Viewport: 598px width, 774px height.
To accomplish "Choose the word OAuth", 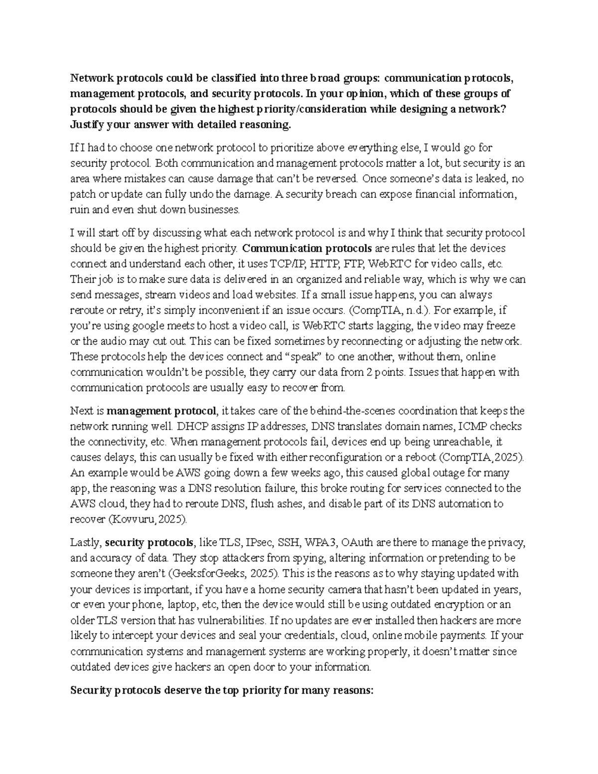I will [x=358, y=542].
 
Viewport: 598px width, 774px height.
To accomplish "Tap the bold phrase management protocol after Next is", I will [x=162, y=411].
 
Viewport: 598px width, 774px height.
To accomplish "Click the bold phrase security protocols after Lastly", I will [x=150, y=542].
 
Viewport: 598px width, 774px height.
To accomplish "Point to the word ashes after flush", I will [x=290, y=503].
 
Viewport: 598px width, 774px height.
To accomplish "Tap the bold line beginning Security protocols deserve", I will [x=221, y=691].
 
